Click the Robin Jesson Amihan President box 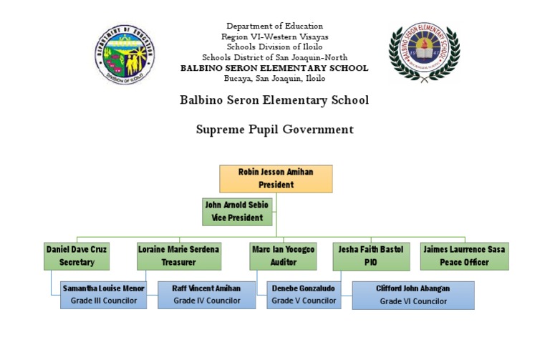pos(276,179)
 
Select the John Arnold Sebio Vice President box pos(238,212)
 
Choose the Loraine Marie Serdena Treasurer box pos(179,256)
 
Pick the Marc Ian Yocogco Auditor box pos(283,256)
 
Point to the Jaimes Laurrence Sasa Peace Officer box pos(464,256)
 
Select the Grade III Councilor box pos(104,295)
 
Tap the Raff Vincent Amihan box pos(206,295)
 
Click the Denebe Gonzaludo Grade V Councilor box pos(304,295)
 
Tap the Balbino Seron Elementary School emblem pos(424,52)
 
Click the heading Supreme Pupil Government pos(275,130)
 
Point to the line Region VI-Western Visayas pos(275,37)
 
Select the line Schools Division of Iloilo pos(275,47)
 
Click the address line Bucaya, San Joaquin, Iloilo pos(275,79)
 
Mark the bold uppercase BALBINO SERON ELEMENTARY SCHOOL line pos(275,68)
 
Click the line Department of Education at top pos(275,26)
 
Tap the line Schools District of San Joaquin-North pos(275,57)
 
